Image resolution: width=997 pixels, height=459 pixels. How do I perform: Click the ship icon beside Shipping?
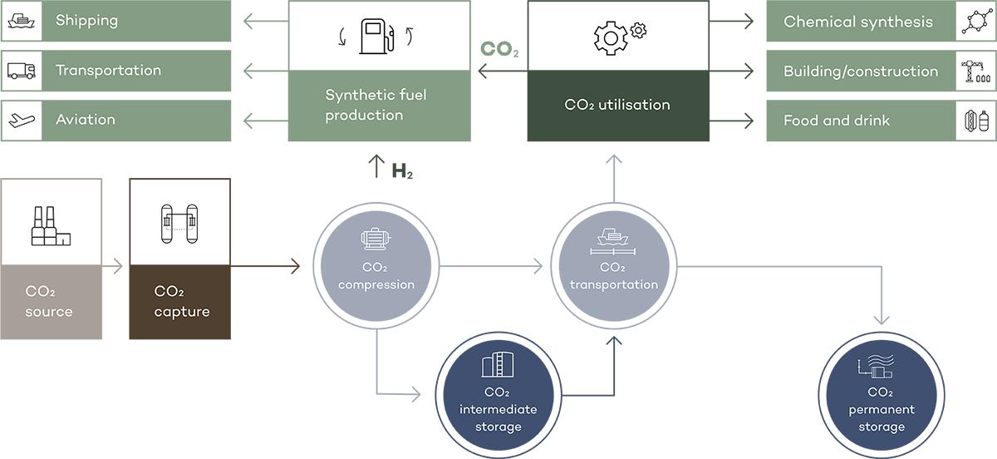pyautogui.click(x=21, y=22)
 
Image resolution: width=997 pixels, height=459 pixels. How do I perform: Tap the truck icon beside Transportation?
pyautogui.click(x=21, y=71)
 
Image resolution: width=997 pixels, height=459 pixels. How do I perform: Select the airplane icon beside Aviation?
pyautogui.click(x=21, y=121)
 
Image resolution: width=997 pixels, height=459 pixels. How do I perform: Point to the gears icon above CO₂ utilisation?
pyautogui.click(x=618, y=36)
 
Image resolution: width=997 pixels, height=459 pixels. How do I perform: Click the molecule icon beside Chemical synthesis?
pyautogui.click(x=975, y=22)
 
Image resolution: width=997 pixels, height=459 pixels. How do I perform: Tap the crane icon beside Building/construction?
pyautogui.click(x=975, y=72)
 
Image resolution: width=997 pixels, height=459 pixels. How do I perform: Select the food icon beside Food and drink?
pyautogui.click(x=975, y=121)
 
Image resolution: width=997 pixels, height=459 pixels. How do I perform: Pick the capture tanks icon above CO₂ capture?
pyautogui.click(x=179, y=223)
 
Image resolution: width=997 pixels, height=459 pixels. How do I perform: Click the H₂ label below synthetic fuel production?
pyautogui.click(x=403, y=172)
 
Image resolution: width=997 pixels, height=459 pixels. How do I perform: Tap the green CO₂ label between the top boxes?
pyautogui.click(x=500, y=49)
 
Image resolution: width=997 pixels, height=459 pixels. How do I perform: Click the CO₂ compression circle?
pyautogui.click(x=376, y=266)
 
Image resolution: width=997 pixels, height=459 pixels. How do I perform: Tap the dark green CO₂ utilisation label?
pyautogui.click(x=617, y=105)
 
